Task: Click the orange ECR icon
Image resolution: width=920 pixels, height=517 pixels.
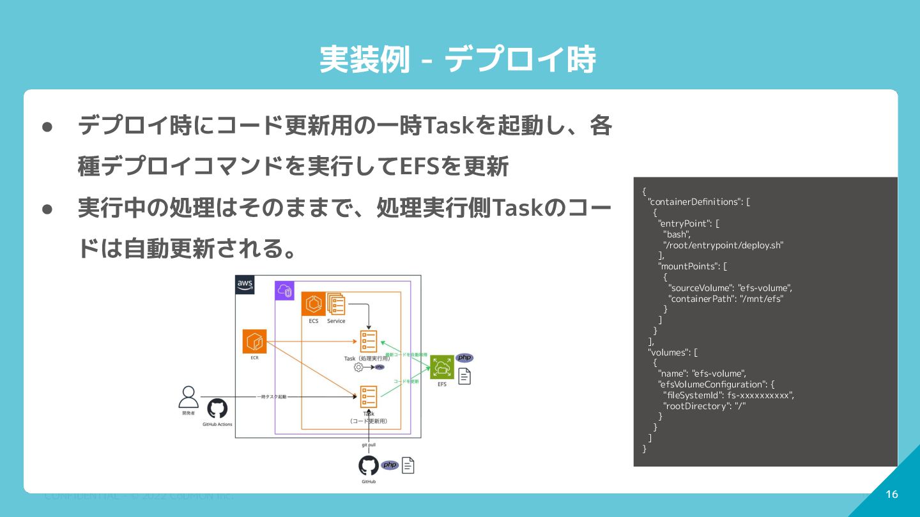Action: (x=254, y=341)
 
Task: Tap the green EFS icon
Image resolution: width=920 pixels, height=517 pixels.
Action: (x=441, y=367)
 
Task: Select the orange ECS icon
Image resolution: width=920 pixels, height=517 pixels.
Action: (x=313, y=304)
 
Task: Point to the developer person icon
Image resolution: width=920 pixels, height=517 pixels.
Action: (x=188, y=397)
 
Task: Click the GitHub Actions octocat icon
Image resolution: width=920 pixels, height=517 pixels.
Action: (x=217, y=408)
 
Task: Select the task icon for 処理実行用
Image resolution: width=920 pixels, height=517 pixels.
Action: (x=369, y=341)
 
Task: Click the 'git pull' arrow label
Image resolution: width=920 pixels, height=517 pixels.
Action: (x=369, y=445)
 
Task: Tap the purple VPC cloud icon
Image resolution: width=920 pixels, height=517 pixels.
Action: (x=284, y=292)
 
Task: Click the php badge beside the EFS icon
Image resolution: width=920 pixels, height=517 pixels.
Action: (x=464, y=357)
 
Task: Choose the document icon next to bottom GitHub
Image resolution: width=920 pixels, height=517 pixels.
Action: (x=408, y=465)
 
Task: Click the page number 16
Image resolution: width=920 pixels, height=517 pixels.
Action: (x=892, y=494)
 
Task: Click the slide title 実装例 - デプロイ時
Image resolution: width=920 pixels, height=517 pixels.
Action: (x=457, y=60)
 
